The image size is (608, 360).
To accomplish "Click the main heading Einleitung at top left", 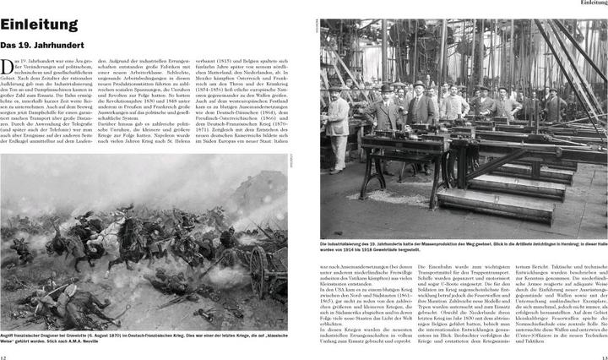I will coord(37,25).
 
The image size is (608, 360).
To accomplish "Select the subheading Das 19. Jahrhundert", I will coord(41,45).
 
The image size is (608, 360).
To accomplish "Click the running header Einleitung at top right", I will coord(589,3).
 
